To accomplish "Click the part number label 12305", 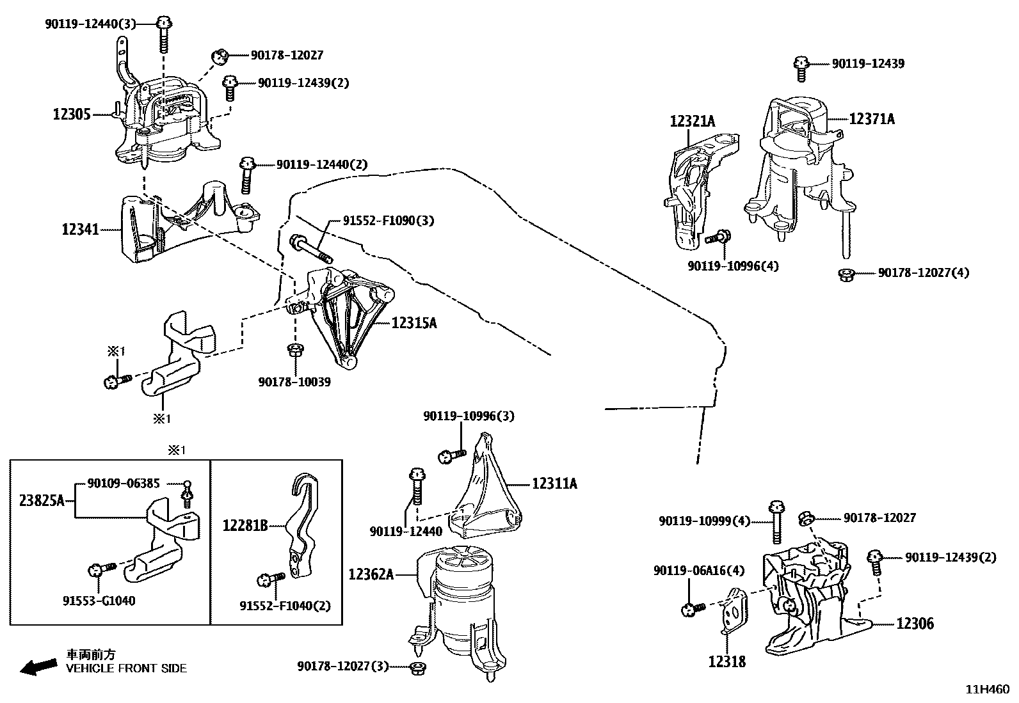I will pyautogui.click(x=72, y=115).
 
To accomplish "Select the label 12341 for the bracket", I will pyautogui.click(x=81, y=229).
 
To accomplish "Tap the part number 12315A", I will pyautogui.click(x=413, y=323).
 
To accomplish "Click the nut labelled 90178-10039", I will pyautogui.click(x=296, y=350).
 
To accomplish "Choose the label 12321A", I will pyautogui.click(x=693, y=120).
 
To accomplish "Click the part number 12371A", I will pyautogui.click(x=872, y=118).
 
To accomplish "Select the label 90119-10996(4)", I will pyautogui.click(x=734, y=266).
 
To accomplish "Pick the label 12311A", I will pyautogui.click(x=554, y=484).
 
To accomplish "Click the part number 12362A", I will pyautogui.click(x=371, y=574).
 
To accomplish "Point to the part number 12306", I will pyautogui.click(x=915, y=623).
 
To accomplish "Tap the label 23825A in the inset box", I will pyautogui.click(x=42, y=501).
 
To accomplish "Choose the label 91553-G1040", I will pyautogui.click(x=99, y=601).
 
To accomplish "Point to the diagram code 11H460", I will pyautogui.click(x=987, y=690).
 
